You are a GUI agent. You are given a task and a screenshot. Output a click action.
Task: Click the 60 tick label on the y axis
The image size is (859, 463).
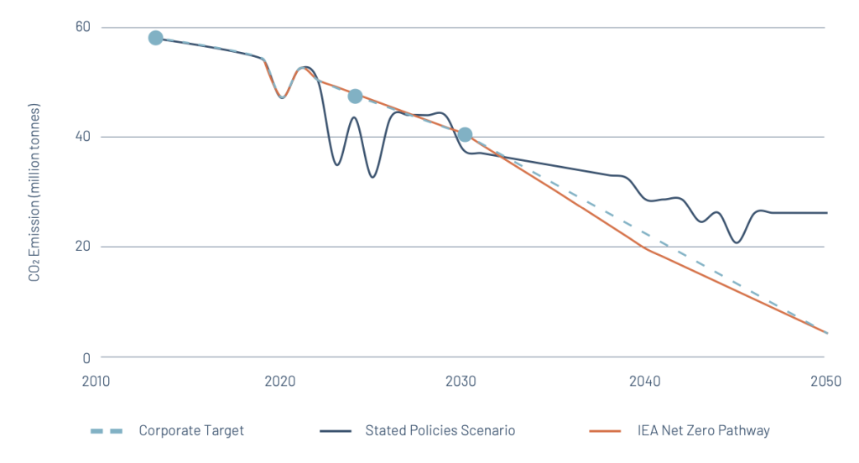(x=83, y=27)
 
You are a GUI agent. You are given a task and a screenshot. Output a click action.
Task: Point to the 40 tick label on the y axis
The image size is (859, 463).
(x=83, y=137)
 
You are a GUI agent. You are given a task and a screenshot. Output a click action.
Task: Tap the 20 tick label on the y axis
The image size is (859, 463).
(x=83, y=246)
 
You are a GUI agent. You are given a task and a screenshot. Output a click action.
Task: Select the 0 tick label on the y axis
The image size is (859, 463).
(x=86, y=358)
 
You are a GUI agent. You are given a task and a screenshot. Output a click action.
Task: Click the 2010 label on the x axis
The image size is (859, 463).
(x=96, y=381)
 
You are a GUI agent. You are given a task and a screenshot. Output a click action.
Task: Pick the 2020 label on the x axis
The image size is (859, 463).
(x=280, y=381)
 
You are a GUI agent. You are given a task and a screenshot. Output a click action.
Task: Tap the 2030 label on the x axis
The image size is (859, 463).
(x=461, y=381)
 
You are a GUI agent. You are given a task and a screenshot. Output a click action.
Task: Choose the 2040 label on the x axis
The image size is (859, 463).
(x=645, y=381)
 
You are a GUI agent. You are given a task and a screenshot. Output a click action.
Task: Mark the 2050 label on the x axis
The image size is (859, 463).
(x=826, y=381)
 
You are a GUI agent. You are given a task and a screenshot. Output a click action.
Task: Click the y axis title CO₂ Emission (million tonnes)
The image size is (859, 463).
(x=34, y=192)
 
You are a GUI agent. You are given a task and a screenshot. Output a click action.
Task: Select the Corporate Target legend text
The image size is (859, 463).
(x=191, y=430)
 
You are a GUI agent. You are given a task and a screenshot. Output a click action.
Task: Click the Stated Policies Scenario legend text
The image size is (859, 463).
(x=440, y=430)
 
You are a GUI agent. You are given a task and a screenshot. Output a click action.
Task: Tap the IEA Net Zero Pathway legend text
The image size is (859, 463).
(x=704, y=430)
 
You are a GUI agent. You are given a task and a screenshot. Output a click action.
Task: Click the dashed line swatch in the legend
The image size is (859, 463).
(x=107, y=431)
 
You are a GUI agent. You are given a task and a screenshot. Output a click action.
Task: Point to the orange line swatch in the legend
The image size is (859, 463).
(x=605, y=431)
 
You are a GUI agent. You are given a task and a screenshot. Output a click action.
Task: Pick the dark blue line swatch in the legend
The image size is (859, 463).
(x=336, y=431)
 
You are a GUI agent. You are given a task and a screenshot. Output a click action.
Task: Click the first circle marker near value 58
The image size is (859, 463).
(x=155, y=38)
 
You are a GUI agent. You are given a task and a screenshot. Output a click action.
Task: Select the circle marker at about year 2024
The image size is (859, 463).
(x=355, y=96)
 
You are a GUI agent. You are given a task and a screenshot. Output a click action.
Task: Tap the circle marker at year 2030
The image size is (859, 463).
(x=465, y=134)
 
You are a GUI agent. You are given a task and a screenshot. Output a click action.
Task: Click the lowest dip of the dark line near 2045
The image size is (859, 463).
(x=737, y=242)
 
